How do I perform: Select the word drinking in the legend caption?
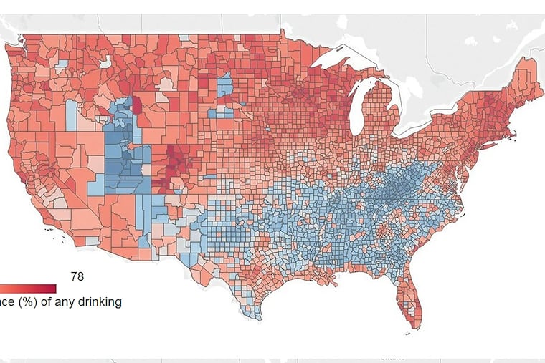point(98,302)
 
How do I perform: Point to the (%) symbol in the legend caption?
point(24,302)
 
